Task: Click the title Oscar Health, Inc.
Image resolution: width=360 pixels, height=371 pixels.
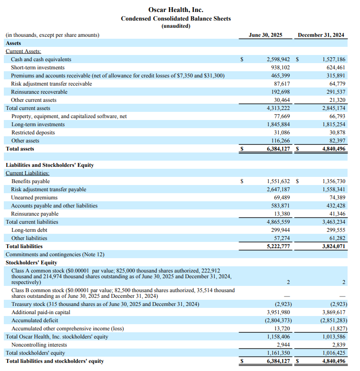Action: point(175,10)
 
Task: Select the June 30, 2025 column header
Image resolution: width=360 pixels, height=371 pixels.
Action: point(265,35)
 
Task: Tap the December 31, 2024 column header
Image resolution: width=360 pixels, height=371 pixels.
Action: point(321,35)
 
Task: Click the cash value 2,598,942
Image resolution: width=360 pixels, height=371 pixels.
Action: point(278,59)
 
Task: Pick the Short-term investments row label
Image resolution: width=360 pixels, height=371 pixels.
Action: point(38,67)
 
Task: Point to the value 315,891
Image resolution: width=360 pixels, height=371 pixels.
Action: point(334,76)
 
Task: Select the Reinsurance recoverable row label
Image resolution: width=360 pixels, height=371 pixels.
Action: point(39,92)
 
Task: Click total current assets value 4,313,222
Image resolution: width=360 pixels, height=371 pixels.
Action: point(278,108)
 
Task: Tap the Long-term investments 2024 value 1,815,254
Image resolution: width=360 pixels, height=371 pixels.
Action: point(333,124)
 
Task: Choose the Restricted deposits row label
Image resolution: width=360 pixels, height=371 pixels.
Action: point(33,132)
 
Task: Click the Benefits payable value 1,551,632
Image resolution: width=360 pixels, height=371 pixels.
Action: point(278,181)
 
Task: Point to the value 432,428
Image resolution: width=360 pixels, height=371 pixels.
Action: point(334,206)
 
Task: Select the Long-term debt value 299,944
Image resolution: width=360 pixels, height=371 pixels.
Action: point(280,230)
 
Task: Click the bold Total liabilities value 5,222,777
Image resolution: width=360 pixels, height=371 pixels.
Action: point(278,246)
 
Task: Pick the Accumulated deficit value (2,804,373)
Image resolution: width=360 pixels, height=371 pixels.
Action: point(277,320)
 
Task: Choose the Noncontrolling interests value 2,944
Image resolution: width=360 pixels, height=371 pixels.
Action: point(283,345)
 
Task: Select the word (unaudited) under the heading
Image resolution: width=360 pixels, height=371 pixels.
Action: point(175,26)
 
